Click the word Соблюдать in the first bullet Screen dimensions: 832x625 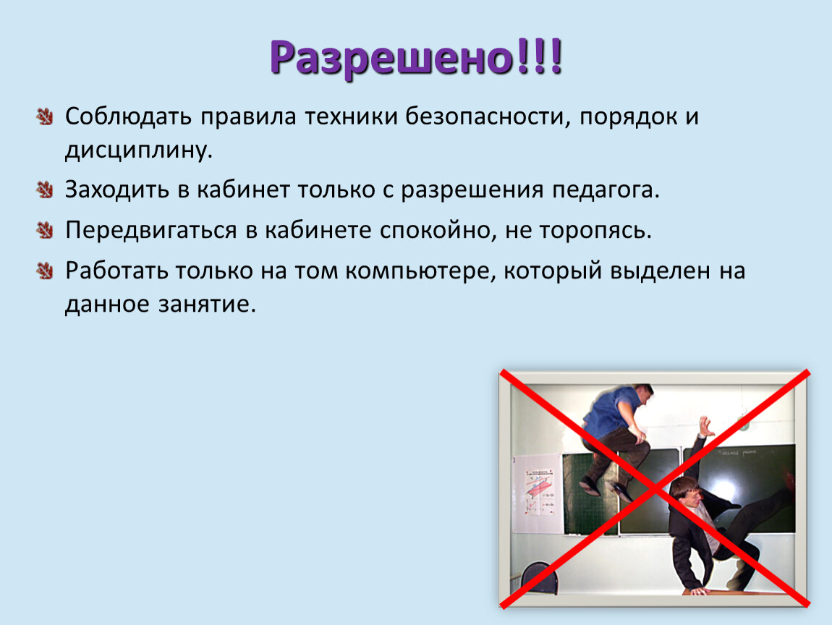(128, 116)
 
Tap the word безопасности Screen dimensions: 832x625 (485, 116)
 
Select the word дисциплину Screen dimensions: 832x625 (139, 150)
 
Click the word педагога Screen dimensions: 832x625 (606, 190)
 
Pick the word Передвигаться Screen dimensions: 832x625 (150, 230)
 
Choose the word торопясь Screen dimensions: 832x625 (595, 231)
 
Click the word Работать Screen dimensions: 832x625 (116, 271)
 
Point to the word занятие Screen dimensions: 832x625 (207, 304)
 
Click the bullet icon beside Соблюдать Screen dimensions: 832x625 (45, 116)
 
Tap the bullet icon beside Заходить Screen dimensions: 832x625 (45, 190)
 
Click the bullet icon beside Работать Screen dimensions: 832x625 (45, 271)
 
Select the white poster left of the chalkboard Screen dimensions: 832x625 (538, 493)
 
